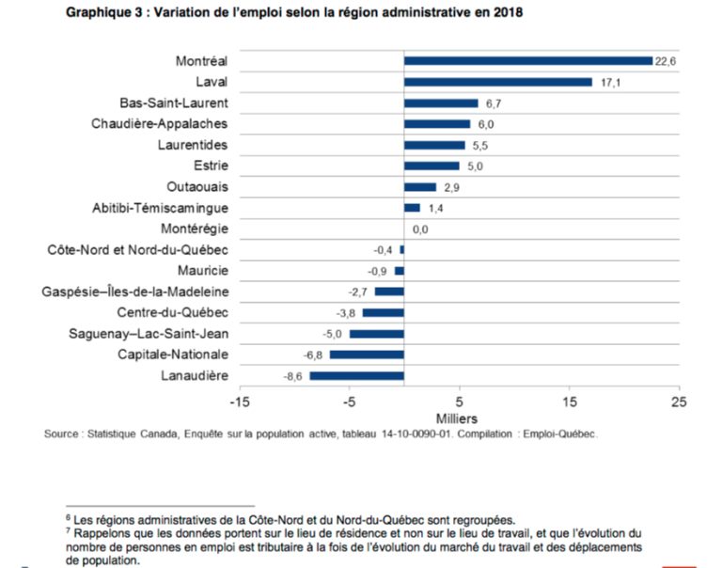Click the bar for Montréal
coord(527,61)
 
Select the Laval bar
coord(497,82)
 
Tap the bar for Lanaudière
coord(356,376)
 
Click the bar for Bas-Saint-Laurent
coord(441,103)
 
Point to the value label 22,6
coord(666,61)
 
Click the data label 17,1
coord(605,82)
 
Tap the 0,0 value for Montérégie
coord(420,229)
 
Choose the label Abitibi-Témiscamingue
coord(160,208)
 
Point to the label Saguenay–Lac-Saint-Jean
coord(149,334)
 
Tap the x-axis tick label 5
coord(459,401)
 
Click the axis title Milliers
coord(458,418)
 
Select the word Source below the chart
coord(61,434)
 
